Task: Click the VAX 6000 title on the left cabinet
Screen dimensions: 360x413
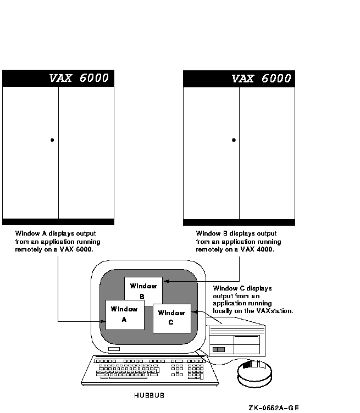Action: [x=79, y=78]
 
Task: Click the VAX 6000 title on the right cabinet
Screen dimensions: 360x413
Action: [x=261, y=79]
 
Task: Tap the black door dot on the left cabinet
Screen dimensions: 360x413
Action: [x=52, y=140]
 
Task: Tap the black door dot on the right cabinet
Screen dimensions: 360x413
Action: [x=234, y=140]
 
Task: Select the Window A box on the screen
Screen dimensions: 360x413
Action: [x=125, y=315]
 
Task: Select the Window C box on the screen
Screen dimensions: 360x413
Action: [x=172, y=318]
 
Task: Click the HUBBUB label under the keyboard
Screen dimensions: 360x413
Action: [x=149, y=395]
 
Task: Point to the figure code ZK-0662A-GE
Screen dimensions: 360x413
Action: [x=274, y=408]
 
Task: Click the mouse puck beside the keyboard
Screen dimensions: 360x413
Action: [x=254, y=373]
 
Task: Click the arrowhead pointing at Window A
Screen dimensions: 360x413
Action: [x=103, y=321]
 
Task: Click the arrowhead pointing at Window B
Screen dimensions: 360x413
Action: [x=166, y=281]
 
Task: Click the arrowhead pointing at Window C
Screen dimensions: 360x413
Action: [x=195, y=312]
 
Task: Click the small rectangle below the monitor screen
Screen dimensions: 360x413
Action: [x=114, y=349]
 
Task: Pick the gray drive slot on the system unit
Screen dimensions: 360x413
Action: [x=219, y=349]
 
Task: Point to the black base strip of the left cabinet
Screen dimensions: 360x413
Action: [x=58, y=222]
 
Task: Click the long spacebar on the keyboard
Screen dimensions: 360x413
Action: [x=128, y=378]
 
